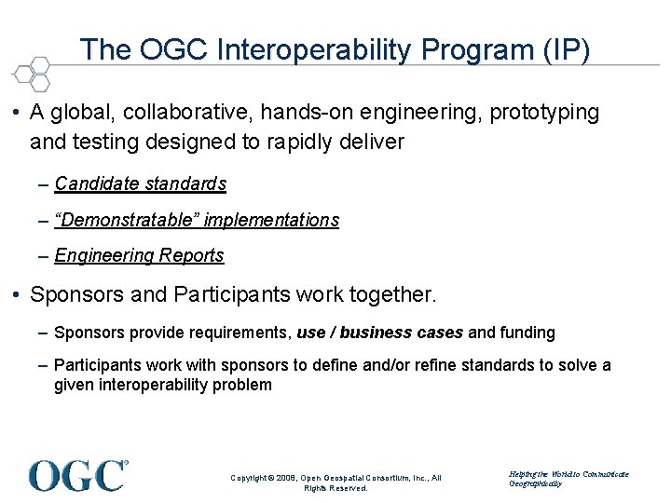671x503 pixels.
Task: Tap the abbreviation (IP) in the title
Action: click(x=563, y=49)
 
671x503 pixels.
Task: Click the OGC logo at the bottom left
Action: click(x=78, y=475)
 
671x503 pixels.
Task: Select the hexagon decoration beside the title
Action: click(x=34, y=72)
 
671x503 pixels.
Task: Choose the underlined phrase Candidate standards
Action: click(x=141, y=184)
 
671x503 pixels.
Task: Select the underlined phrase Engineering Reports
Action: click(x=140, y=255)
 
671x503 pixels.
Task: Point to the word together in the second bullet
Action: click(x=391, y=295)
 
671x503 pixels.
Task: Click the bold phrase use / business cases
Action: click(x=379, y=333)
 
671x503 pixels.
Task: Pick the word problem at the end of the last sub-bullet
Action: click(x=243, y=385)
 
